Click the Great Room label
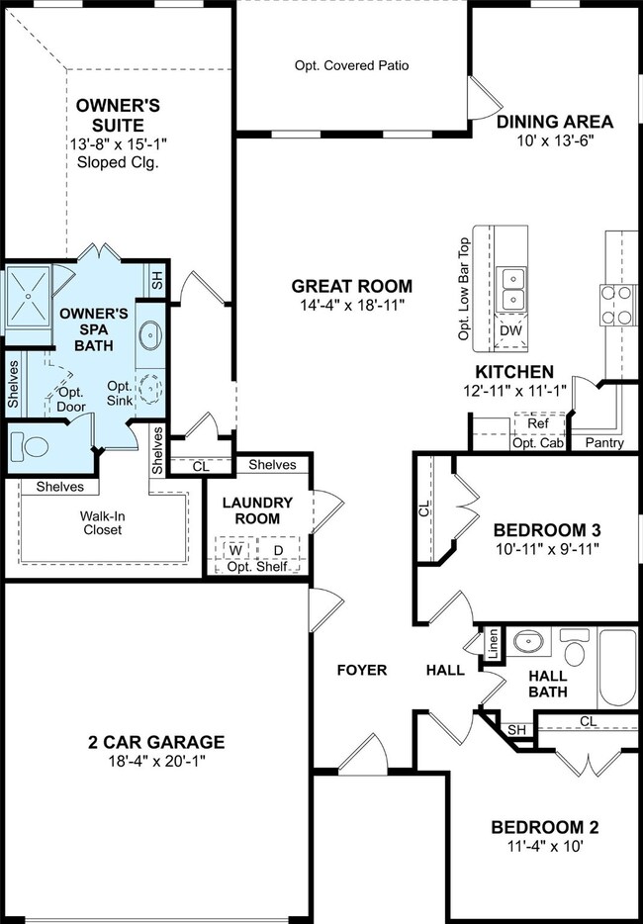pyautogui.click(x=352, y=286)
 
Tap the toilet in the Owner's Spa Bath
pyautogui.click(x=30, y=446)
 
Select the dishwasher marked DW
pyautogui.click(x=511, y=331)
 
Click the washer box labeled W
pyautogui.click(x=235, y=550)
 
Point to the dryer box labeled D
pyautogui.click(x=278, y=550)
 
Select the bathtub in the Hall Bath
pyautogui.click(x=617, y=669)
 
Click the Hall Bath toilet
pyautogui.click(x=574, y=648)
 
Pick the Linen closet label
pyautogui.click(x=494, y=643)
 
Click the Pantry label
pyautogui.click(x=604, y=443)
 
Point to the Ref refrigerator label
pyautogui.click(x=538, y=423)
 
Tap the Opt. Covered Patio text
pyautogui.click(x=352, y=66)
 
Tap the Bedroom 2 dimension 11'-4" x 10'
pyautogui.click(x=545, y=847)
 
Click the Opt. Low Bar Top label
pyautogui.click(x=464, y=289)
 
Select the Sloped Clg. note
pyautogui.click(x=118, y=162)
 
